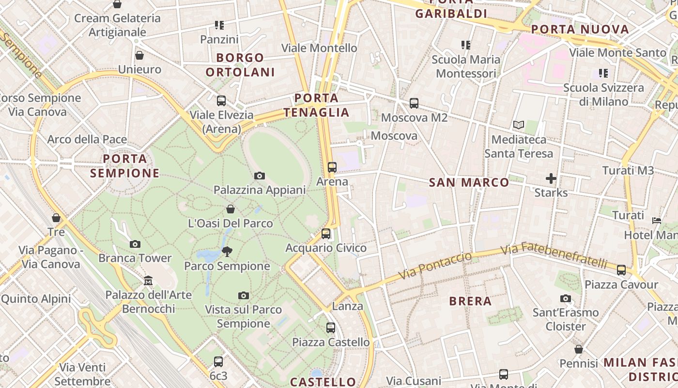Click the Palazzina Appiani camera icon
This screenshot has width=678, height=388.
(x=260, y=176)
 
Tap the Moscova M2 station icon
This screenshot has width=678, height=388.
(x=414, y=103)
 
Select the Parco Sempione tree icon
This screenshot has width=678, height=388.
(x=227, y=251)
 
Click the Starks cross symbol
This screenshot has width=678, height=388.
(x=551, y=178)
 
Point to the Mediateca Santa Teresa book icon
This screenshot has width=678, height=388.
(x=519, y=125)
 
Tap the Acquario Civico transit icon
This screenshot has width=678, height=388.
(x=326, y=234)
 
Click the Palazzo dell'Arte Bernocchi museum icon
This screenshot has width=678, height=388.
(x=148, y=280)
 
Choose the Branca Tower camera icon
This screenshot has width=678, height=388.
(x=135, y=244)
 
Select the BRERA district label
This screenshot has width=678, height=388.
(x=470, y=301)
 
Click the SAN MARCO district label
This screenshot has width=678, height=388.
(x=469, y=183)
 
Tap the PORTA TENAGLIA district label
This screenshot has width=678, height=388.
(x=317, y=105)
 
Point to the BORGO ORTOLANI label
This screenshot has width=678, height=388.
(x=240, y=65)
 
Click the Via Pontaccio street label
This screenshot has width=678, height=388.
(x=435, y=266)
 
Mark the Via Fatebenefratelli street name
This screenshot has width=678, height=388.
(x=554, y=256)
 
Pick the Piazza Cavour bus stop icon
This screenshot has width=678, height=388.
(x=621, y=270)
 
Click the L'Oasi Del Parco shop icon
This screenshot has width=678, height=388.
(x=231, y=209)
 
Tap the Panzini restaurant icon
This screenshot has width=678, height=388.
(x=219, y=25)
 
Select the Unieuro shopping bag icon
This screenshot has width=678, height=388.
(x=139, y=55)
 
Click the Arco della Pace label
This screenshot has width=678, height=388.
(x=87, y=140)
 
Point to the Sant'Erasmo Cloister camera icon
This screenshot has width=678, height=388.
(x=566, y=298)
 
